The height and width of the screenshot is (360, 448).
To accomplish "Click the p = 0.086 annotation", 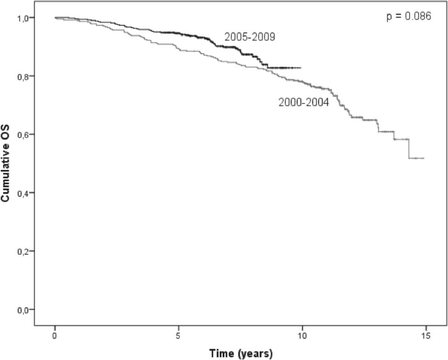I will [x=408, y=16].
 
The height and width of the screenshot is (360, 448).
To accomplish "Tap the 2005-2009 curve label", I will [x=250, y=37].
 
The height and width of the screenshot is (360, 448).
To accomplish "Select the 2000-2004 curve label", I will [x=304, y=103].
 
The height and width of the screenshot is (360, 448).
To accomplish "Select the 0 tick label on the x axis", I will [x=55, y=335].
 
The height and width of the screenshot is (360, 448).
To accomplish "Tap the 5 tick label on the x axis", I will [x=179, y=335].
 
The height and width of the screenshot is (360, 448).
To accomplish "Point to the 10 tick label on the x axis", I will [x=302, y=335].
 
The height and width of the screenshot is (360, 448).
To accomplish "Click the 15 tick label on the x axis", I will [x=426, y=335].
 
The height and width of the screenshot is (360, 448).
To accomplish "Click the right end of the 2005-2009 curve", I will [x=301, y=68].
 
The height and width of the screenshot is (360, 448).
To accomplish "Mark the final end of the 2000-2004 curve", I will [x=423, y=158].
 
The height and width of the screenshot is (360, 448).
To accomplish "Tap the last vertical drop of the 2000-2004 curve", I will [x=409, y=149].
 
